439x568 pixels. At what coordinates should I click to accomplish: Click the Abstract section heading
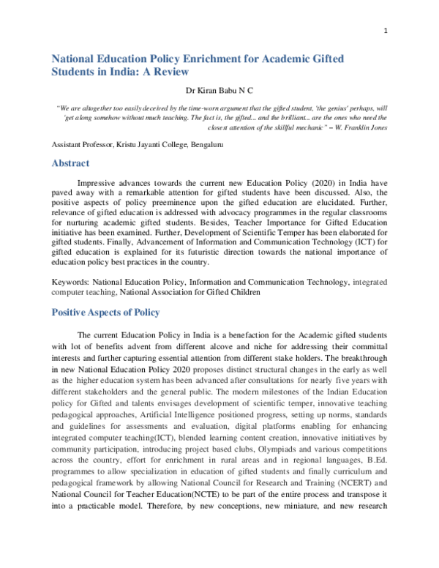click(x=70, y=163)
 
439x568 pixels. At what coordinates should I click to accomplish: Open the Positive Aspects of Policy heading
click(x=105, y=313)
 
